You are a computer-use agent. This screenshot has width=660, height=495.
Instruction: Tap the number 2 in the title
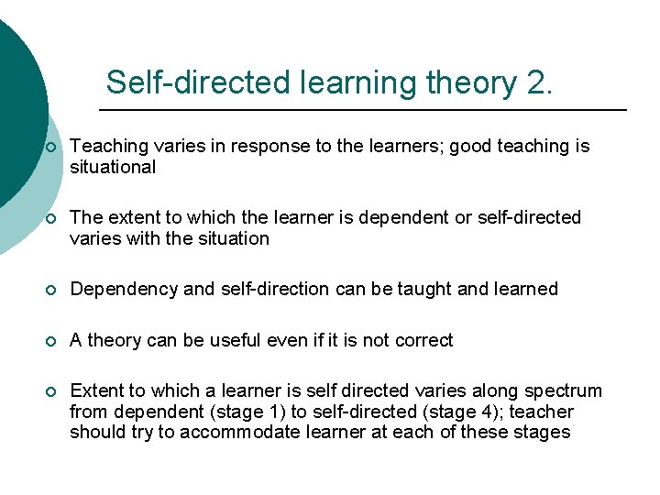click(x=540, y=82)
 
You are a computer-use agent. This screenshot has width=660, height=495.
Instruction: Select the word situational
click(x=113, y=167)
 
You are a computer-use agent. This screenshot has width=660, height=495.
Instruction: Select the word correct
click(x=423, y=340)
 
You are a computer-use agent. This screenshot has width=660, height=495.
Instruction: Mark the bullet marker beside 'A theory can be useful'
click(x=51, y=340)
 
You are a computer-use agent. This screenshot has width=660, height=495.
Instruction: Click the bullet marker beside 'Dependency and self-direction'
click(x=51, y=290)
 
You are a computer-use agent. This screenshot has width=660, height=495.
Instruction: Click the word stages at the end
click(x=543, y=433)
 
